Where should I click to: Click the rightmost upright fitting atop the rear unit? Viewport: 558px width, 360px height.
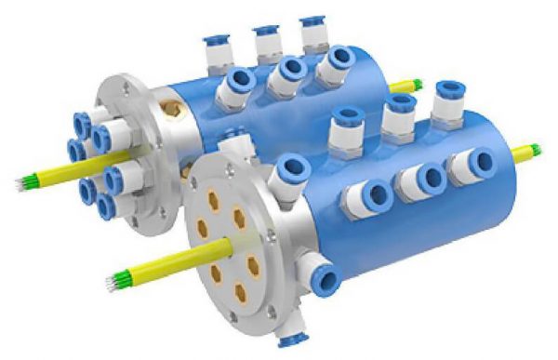[x=312, y=34]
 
